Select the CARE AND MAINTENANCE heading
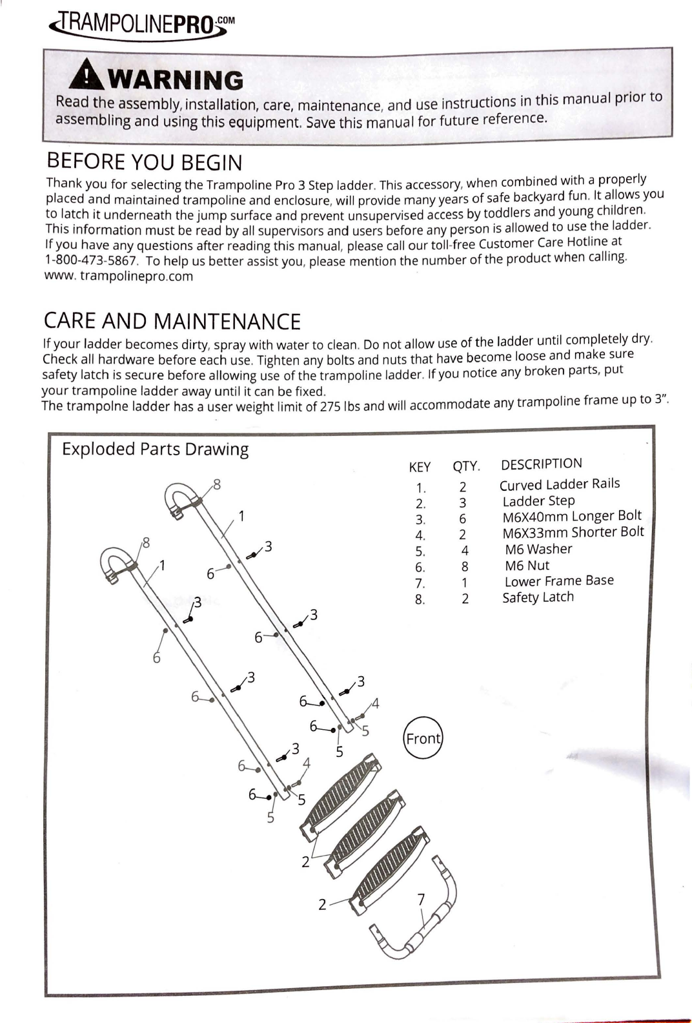172,321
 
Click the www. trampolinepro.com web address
118,276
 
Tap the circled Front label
423,738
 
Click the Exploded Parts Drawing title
155,449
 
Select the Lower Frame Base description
559,581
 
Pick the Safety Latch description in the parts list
538,597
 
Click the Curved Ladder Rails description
559,484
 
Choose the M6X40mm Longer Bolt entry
572,516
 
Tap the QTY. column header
466,466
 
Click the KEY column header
420,467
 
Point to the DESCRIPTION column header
541,464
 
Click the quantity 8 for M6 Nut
465,567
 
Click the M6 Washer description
538,549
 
